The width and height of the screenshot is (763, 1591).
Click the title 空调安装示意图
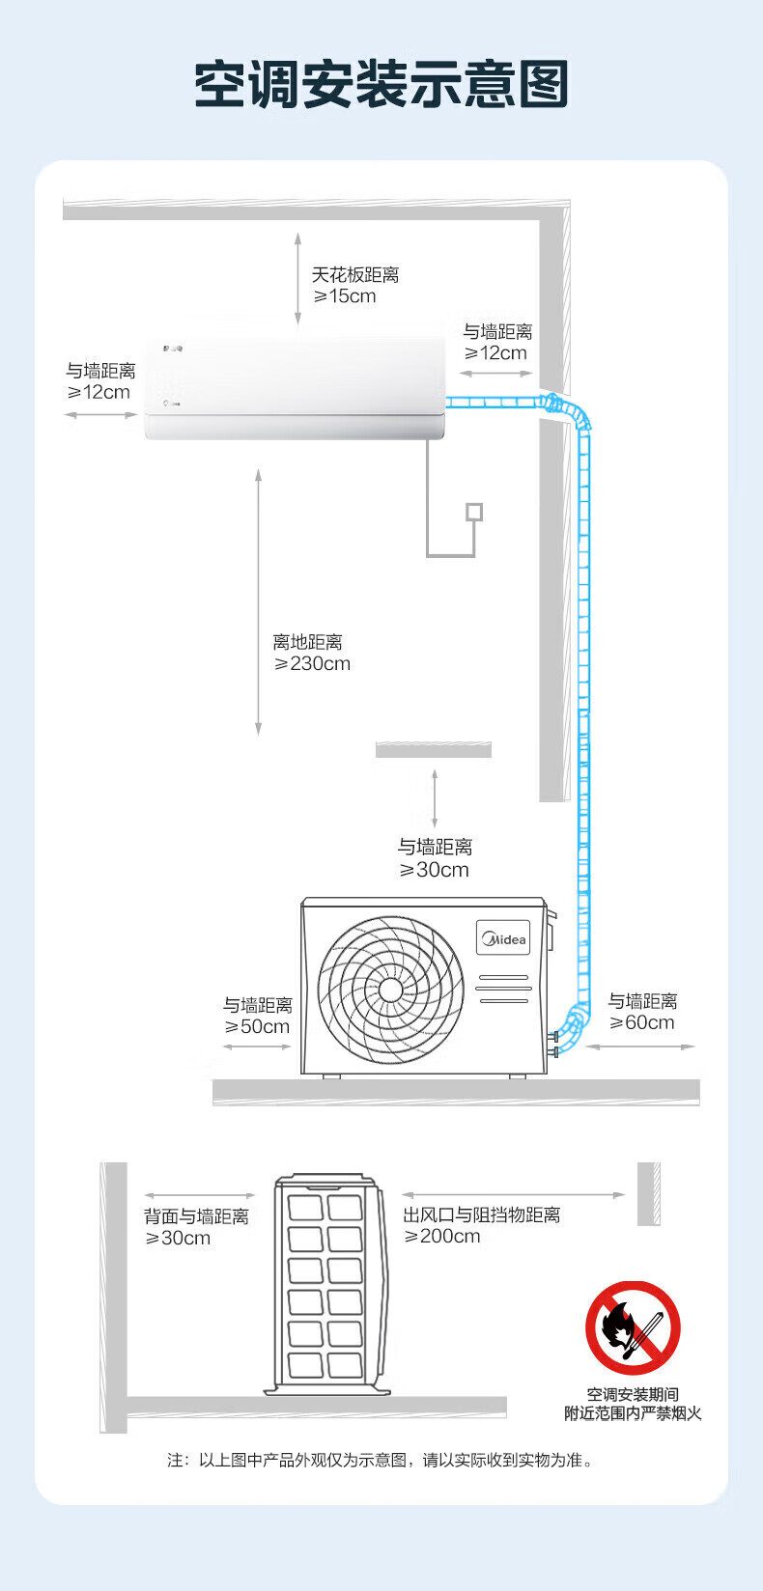click(x=381, y=85)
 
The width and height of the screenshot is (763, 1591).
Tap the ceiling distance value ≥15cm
click(x=345, y=296)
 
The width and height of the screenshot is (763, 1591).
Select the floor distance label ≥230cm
click(x=312, y=663)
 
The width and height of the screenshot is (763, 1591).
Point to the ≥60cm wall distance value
click(x=641, y=1022)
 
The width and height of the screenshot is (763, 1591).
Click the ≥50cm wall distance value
click(x=257, y=1026)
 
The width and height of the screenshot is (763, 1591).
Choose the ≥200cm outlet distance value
click(x=442, y=1236)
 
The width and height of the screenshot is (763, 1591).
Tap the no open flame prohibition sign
click(x=633, y=1327)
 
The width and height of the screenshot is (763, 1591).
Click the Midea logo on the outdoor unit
click(x=503, y=939)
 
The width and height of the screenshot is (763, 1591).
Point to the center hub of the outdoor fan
click(x=390, y=990)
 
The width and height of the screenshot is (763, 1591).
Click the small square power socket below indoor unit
click(x=474, y=512)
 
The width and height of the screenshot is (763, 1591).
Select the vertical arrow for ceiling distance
click(x=297, y=278)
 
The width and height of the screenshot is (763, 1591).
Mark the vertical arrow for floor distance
click(x=259, y=601)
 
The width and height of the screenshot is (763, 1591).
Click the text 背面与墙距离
click(x=196, y=1216)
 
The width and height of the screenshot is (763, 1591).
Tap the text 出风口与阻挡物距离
click(x=482, y=1214)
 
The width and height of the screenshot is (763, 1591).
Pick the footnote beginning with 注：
click(x=381, y=1460)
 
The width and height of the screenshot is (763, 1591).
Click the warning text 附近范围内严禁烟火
click(x=633, y=1413)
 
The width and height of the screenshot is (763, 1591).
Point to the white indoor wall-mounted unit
click(x=295, y=388)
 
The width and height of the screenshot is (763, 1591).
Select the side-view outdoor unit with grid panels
click(x=326, y=1284)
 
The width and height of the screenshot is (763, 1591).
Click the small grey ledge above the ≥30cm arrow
click(x=434, y=749)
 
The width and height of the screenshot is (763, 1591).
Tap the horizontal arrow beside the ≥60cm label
click(x=640, y=1047)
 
